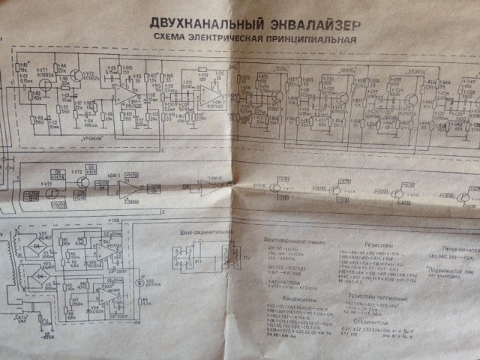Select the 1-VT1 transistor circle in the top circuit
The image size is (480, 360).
46,85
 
